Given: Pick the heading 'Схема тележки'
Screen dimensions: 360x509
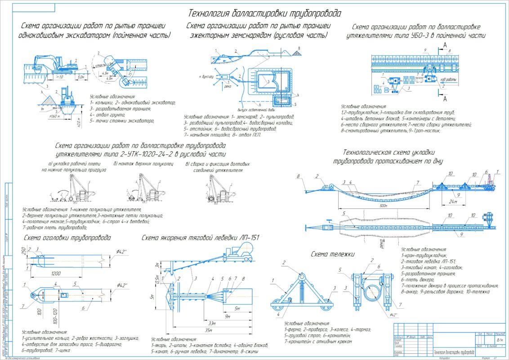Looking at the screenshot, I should (332, 254).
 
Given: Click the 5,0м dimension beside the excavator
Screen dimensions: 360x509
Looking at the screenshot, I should (81, 77).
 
